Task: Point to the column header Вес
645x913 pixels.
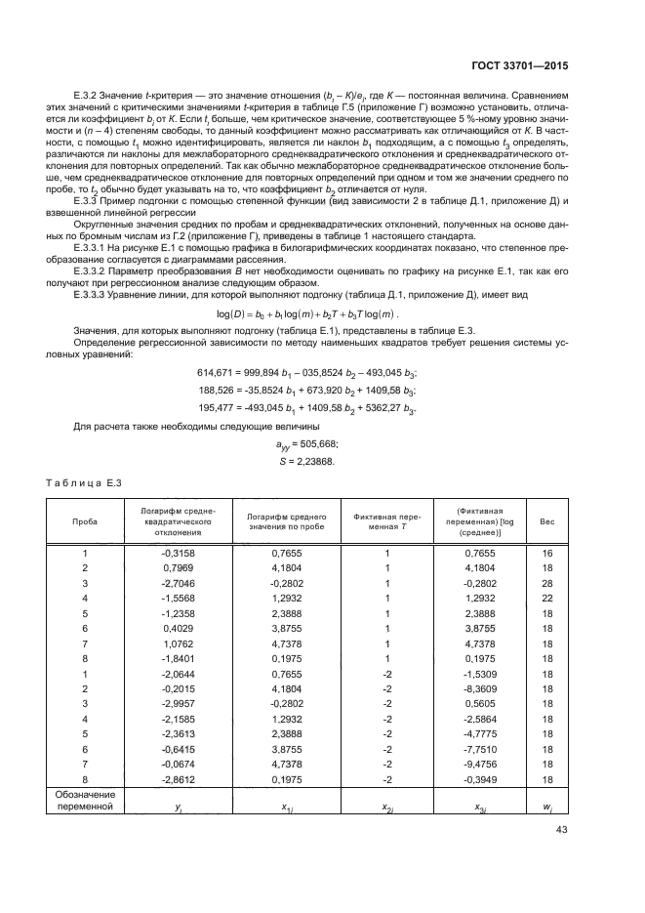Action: pyautogui.click(x=547, y=521)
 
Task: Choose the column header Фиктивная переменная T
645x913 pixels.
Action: pyautogui.click(x=385, y=521)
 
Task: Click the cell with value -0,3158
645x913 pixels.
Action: pyautogui.click(x=178, y=554)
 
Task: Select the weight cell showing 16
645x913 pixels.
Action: pyautogui.click(x=547, y=554)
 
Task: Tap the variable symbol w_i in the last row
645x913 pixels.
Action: pyautogui.click(x=547, y=807)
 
